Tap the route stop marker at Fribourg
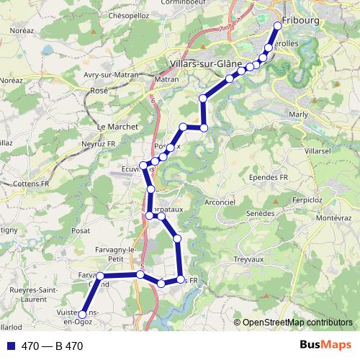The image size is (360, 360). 278,27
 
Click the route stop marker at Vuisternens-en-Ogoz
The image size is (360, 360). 82,315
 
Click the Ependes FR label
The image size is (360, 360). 269,177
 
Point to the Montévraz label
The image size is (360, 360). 333,217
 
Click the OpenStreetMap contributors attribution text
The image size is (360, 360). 297,322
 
